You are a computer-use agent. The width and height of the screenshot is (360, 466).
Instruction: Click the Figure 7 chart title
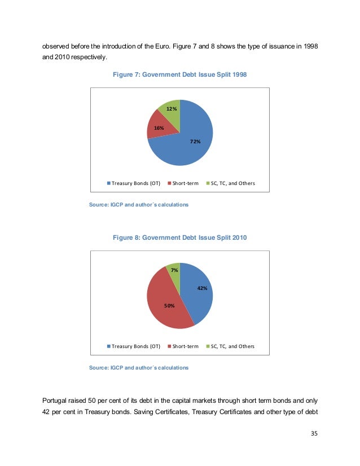click(x=179, y=74)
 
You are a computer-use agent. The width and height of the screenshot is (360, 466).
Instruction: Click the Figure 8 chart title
click(x=179, y=238)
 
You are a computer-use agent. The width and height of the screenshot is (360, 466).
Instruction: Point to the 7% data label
click(x=175, y=271)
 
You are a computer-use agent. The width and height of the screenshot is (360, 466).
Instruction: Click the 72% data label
click(x=195, y=142)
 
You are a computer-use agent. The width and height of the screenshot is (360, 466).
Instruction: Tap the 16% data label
click(x=159, y=128)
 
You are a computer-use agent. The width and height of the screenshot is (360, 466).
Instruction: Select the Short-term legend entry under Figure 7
click(x=183, y=183)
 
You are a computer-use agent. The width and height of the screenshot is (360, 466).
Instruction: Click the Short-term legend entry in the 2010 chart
click(x=183, y=346)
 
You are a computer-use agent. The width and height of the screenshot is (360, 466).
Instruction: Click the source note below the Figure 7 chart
click(x=139, y=204)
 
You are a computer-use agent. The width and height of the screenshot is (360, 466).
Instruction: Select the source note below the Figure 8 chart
click(x=139, y=367)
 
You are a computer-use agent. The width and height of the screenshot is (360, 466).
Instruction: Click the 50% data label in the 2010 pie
click(x=169, y=305)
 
